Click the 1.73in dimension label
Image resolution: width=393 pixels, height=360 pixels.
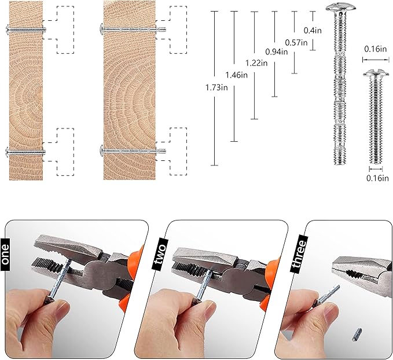[x=216, y=87]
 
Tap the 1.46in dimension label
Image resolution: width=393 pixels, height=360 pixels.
[x=236, y=75]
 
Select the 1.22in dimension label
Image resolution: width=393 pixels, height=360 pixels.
[x=256, y=63]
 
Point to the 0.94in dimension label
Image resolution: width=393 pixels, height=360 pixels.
[x=277, y=52]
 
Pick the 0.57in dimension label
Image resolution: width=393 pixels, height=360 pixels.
[x=296, y=42]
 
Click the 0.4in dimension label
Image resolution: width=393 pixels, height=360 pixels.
[x=313, y=30]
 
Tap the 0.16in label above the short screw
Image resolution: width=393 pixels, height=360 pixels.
[x=375, y=49]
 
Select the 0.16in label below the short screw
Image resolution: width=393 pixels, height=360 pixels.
[x=377, y=178]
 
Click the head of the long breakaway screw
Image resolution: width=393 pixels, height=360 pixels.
[x=341, y=8]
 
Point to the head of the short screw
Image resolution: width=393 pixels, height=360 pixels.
[x=376, y=73]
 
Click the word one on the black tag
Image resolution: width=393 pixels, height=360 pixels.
[x=5, y=254]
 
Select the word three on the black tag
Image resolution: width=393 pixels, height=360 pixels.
[x=299, y=254]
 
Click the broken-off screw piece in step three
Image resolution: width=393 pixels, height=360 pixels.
[x=357, y=335]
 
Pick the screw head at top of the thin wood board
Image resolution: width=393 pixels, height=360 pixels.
[x=7, y=30]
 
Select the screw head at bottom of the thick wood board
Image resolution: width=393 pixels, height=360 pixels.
[x=101, y=150]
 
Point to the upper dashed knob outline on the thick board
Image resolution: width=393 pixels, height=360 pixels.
[x=171, y=30]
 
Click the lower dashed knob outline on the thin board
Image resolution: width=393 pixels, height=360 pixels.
[x=58, y=152]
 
